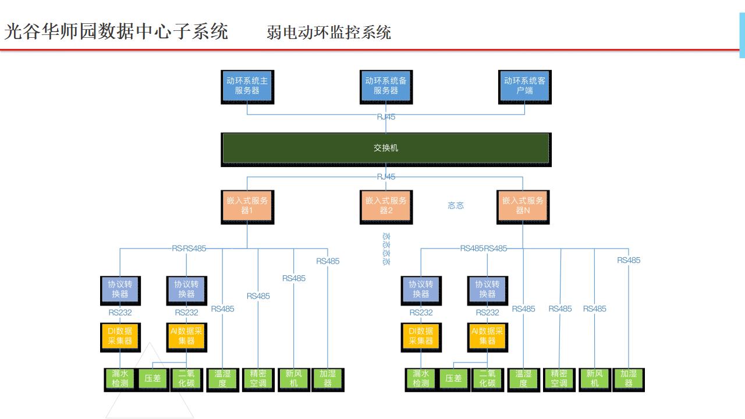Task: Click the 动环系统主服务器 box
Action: pyautogui.click(x=247, y=86)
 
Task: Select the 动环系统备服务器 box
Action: pyautogui.click(x=386, y=86)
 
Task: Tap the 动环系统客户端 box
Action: pyautogui.click(x=524, y=86)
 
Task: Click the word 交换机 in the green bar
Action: pyautogui.click(x=386, y=148)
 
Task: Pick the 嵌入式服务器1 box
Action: pyautogui.click(x=247, y=205)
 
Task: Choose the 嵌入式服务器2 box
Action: pyautogui.click(x=386, y=205)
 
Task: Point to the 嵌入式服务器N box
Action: pyautogui.click(x=523, y=205)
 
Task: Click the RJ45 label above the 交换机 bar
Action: pyautogui.click(x=386, y=117)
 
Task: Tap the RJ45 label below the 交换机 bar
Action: pyautogui.click(x=386, y=176)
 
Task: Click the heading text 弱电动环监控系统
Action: pyautogui.click(x=329, y=32)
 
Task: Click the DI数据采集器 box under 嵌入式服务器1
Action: pyautogui.click(x=120, y=336)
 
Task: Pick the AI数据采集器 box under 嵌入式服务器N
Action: pyautogui.click(x=487, y=336)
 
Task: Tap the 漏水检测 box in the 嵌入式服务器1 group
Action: pyautogui.click(x=120, y=378)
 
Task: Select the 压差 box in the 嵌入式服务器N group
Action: pyautogui.click(x=453, y=378)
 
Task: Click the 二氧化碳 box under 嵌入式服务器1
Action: pyautogui.click(x=186, y=378)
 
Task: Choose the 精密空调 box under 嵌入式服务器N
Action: pyautogui.click(x=559, y=378)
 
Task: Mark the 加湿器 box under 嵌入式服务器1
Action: pyautogui.click(x=328, y=378)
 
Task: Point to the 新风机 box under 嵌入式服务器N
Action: pyautogui.click(x=594, y=378)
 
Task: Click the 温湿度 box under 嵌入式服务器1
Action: pyautogui.click(x=222, y=378)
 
